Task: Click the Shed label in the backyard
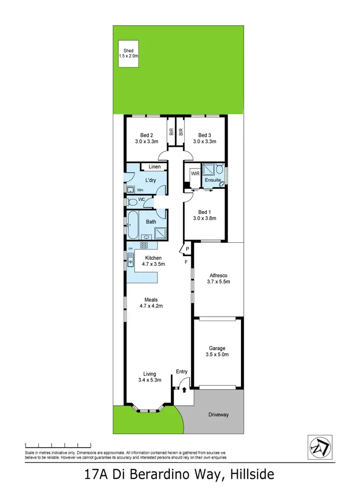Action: [128, 53]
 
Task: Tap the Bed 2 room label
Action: [146, 138]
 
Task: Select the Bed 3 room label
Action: [204, 138]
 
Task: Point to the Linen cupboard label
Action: [155, 167]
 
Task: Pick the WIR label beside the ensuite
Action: [195, 174]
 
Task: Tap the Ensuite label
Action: [212, 180]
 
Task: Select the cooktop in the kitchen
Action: [143, 245]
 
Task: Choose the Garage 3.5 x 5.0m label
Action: [217, 352]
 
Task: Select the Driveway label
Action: [218, 415]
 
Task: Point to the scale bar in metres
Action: [58, 446]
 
